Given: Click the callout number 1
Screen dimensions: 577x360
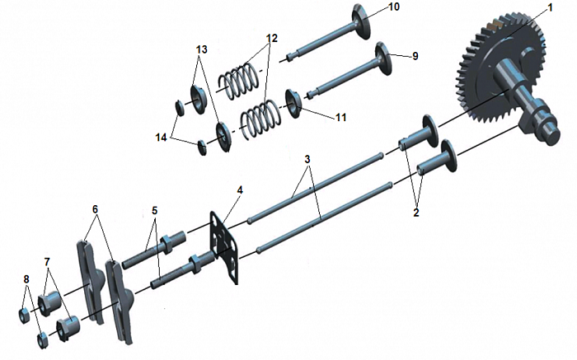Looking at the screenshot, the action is pos(550,7).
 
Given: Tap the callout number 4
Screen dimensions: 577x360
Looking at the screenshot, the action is pos(240,190).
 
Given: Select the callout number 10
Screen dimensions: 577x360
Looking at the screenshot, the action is pos(393,7).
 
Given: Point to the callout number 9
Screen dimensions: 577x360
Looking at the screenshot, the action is pos(415,56).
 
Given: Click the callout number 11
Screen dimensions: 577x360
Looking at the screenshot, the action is pos(340,117).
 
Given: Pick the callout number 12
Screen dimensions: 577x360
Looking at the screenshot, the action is pos(272,38).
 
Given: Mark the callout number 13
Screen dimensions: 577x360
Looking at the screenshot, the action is pos(202,49).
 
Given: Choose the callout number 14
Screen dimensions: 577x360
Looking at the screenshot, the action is pos(162,138).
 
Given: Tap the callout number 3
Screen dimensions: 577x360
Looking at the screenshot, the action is pos(307,159).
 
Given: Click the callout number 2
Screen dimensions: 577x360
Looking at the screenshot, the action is pos(415,213).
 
